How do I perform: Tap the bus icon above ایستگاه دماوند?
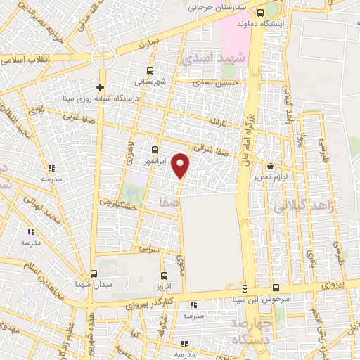(261, 13)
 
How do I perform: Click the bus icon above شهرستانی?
(149, 70)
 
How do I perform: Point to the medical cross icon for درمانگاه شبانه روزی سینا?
(101, 88)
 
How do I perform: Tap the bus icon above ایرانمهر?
(155, 150)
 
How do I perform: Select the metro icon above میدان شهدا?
(94, 274)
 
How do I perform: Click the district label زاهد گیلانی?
(295, 207)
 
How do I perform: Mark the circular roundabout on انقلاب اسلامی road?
(103, 54)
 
